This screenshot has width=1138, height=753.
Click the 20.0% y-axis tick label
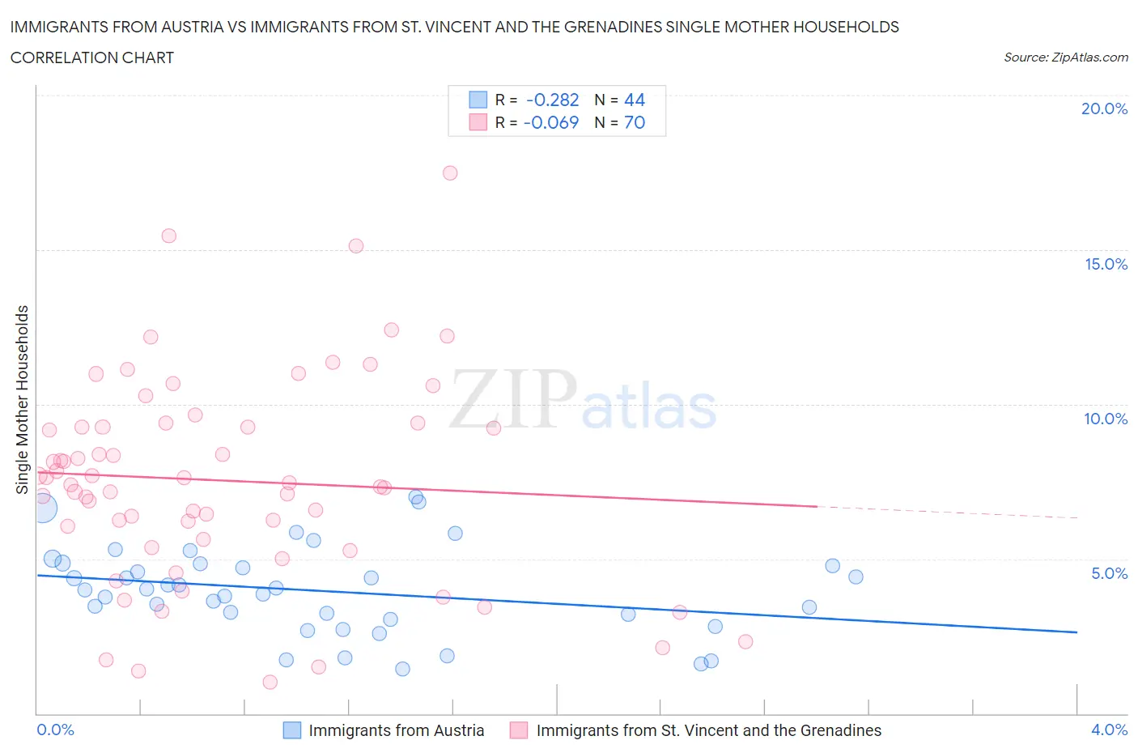pos(1104,108)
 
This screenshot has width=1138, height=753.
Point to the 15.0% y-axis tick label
pos(1106,264)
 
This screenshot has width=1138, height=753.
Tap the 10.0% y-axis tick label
pos(1106,419)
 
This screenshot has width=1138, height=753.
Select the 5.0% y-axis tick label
pos(1109,573)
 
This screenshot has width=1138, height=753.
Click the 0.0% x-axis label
pos(55,730)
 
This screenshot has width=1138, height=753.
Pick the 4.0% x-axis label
pos(1109,730)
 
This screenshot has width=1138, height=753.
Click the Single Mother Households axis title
pos(23,399)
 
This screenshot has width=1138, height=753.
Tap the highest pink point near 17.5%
pos(450,172)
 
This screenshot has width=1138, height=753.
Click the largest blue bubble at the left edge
pos(42,508)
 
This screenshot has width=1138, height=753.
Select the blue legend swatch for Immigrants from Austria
pos(292,730)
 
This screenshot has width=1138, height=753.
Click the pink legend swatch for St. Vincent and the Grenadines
pos(519,730)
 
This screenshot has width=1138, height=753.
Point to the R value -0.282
pos(552,100)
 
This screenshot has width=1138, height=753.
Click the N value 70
pos(635,122)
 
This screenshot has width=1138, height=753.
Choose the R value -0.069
pos(551,122)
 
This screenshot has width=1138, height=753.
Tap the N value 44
pos(635,100)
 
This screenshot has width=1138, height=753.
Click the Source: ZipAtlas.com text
pos(1065,57)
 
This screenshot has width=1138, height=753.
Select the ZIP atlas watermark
pos(583,400)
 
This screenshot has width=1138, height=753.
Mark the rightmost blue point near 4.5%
pos(856,576)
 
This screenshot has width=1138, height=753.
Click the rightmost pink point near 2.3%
pos(745,641)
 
